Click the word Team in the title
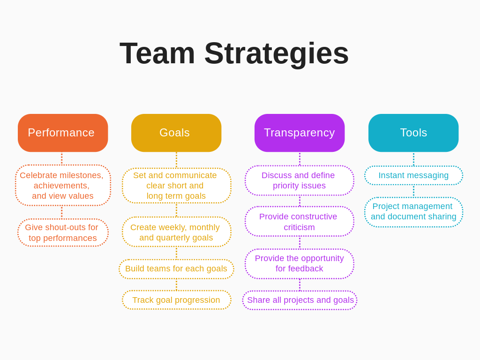(157, 53)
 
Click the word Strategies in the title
(277, 53)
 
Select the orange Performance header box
(63, 133)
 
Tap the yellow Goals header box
(176, 133)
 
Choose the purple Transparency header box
(300, 133)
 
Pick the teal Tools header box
(413, 133)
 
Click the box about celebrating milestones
(63, 185)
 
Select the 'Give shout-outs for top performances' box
(63, 232)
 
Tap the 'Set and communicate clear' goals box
(176, 185)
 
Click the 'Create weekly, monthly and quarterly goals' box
(176, 232)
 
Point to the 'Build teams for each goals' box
(176, 269)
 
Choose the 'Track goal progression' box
(176, 300)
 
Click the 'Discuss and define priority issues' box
(299, 180)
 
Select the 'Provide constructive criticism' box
(299, 222)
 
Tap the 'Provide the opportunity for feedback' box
(299, 263)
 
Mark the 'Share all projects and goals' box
(300, 300)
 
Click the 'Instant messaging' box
(413, 175)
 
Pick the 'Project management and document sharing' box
(413, 212)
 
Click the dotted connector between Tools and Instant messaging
(413, 159)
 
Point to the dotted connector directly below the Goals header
(176, 160)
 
